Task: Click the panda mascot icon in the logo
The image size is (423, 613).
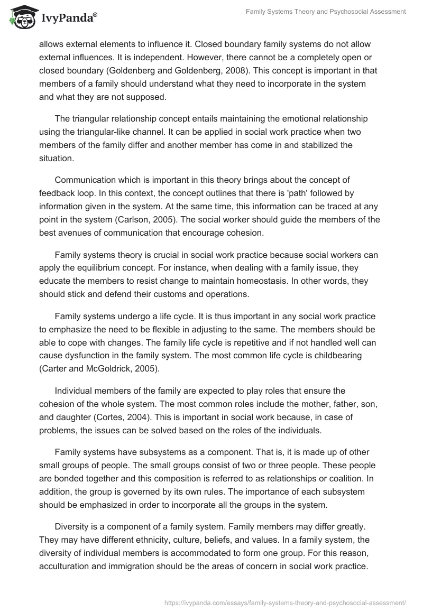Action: click(x=20, y=17)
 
